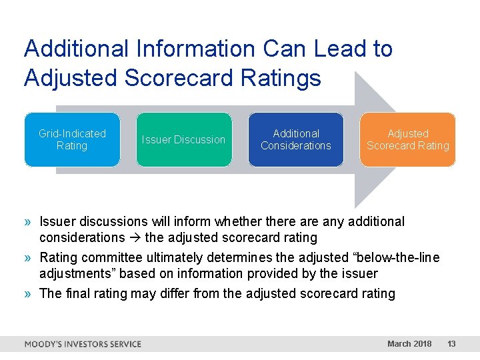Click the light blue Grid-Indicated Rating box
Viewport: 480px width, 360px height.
(x=72, y=139)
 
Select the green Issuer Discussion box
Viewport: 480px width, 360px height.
(x=184, y=139)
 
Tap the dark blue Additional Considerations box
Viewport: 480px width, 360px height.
(x=296, y=139)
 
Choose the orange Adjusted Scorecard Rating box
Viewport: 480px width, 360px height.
(x=408, y=139)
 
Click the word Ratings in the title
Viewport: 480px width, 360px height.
(x=285, y=78)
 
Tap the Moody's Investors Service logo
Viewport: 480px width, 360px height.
(x=83, y=344)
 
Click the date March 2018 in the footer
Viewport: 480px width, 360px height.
(x=409, y=344)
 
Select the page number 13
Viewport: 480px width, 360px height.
(x=451, y=344)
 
